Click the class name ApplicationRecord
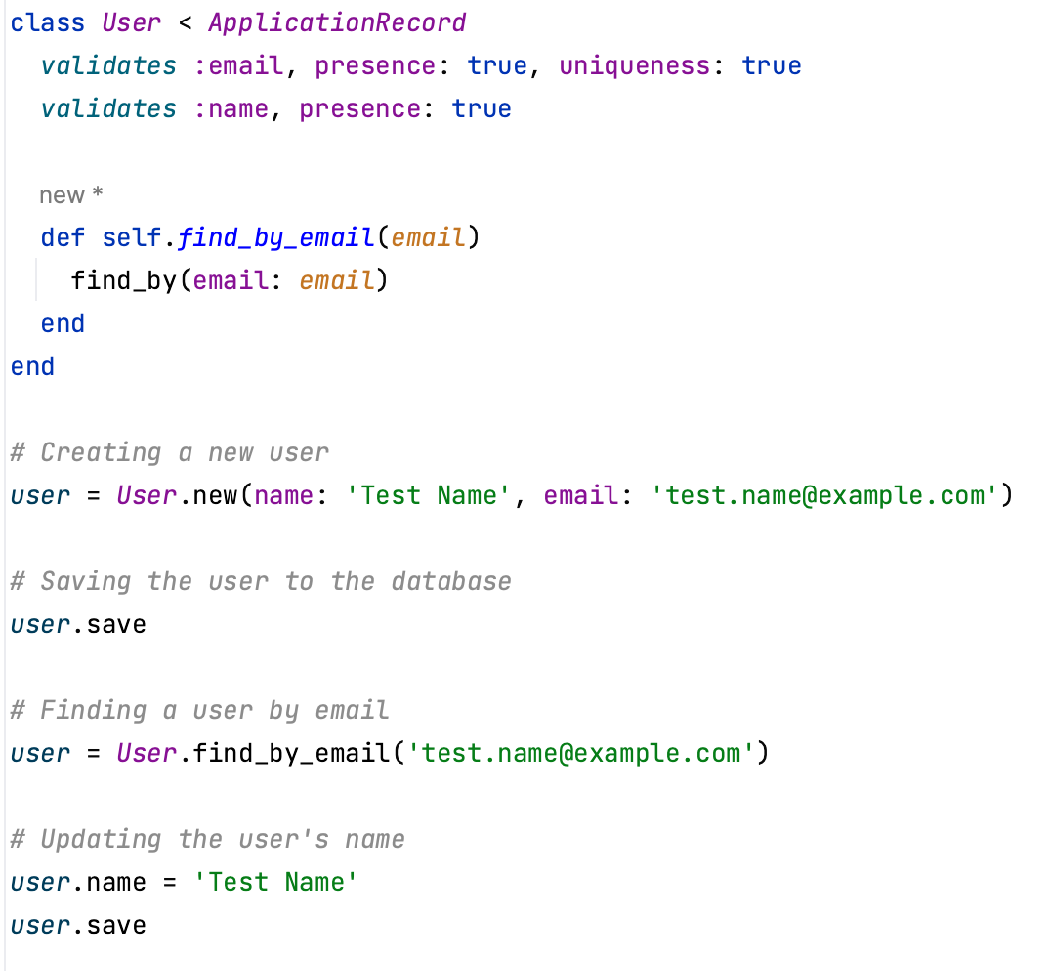337,22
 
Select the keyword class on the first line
47,22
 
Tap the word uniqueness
633,65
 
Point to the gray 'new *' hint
70,195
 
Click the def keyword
63,237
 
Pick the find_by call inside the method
122,281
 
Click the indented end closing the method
63,323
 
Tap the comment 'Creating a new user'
169,453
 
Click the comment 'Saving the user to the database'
261,582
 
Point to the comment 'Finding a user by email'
199,711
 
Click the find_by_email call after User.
291,753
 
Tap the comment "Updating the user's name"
207,840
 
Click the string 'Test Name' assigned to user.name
276,882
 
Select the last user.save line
78,925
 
